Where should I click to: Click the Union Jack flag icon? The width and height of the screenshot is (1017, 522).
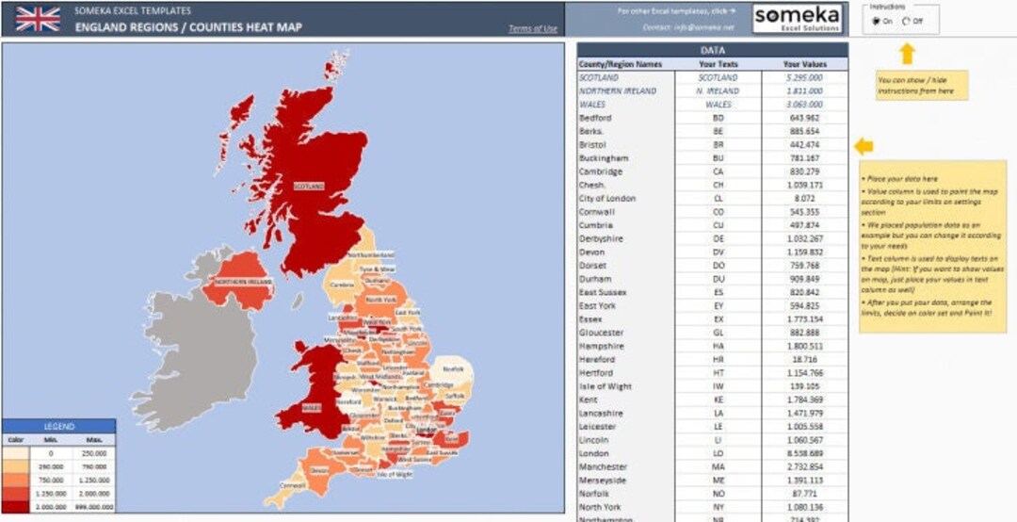click(38, 19)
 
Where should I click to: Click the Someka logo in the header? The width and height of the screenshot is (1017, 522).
click(799, 19)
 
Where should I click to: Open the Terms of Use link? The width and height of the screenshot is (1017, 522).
click(533, 29)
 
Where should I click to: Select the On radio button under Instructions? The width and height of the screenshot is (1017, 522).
click(877, 21)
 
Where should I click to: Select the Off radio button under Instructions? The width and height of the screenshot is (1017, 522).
click(906, 21)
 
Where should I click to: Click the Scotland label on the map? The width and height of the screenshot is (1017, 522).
click(308, 187)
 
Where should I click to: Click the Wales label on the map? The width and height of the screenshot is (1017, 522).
click(312, 408)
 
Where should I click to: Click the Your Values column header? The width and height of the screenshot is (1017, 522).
click(804, 64)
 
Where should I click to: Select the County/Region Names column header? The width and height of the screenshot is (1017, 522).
click(621, 64)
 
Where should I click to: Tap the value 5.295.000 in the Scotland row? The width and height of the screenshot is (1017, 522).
click(804, 77)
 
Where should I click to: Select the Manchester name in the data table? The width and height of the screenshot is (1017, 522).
click(603, 466)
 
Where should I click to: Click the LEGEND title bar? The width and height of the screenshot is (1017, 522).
click(58, 427)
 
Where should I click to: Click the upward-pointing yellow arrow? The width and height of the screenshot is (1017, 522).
click(907, 54)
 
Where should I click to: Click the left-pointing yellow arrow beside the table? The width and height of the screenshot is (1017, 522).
click(864, 145)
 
